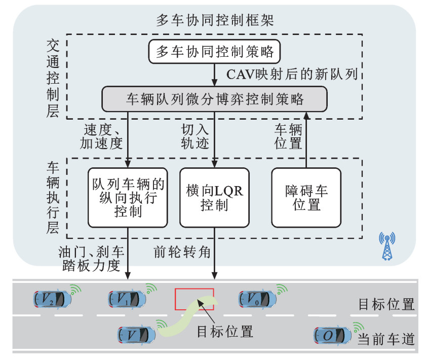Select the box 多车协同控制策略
[215, 52]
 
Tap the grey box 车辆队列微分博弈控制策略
[215, 98]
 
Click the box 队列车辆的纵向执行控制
[128, 197]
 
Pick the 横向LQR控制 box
[215, 197]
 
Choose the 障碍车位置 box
[306, 197]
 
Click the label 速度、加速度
[101, 135]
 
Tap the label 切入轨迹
[195, 135]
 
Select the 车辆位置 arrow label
[288, 135]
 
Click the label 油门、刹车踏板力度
[92, 257]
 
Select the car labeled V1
[127, 300]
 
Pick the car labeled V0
[258, 300]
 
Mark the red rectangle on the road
[195, 299]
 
